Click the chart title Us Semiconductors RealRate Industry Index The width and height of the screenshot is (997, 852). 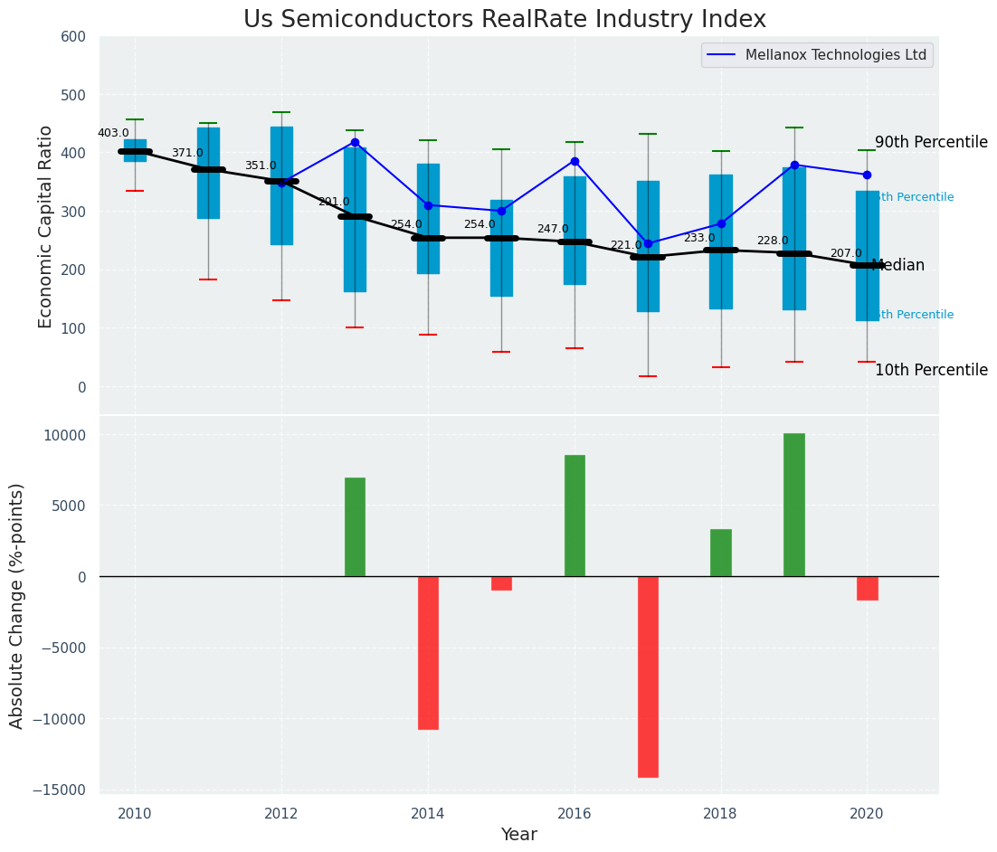coord(505,20)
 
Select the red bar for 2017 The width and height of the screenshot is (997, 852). coord(648,677)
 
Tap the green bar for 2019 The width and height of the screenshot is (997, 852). coord(794,505)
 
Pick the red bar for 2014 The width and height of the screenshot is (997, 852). coord(428,652)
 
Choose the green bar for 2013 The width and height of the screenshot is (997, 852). coord(355,526)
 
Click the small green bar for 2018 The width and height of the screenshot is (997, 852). coord(721,553)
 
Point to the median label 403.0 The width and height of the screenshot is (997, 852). coord(113,133)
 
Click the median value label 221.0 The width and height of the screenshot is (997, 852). coord(625,245)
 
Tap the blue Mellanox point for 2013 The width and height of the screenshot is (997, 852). coord(355,142)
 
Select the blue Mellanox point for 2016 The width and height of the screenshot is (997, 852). coord(574,161)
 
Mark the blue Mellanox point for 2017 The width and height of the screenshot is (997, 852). coord(648,243)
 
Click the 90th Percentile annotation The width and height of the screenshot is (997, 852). coord(931,143)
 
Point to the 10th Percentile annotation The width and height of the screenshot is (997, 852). coord(931,371)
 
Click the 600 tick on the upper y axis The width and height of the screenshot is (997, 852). coord(73,37)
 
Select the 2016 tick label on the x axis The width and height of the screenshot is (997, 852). coord(574,814)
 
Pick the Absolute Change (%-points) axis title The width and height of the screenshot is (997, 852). coord(17,605)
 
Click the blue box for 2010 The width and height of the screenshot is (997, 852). coord(135,150)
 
